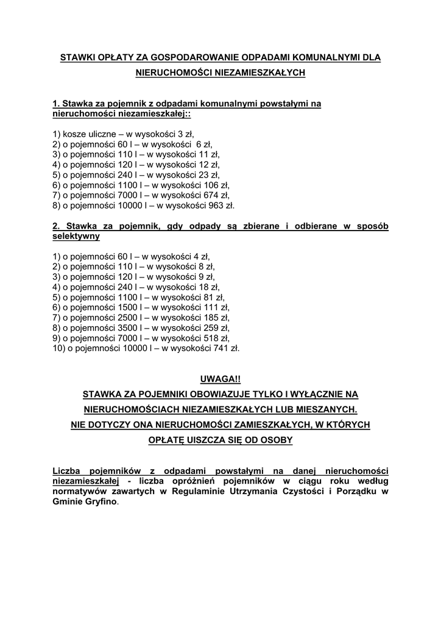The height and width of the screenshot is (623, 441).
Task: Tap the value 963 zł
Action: click(222, 206)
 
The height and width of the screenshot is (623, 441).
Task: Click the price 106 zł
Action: click(217, 185)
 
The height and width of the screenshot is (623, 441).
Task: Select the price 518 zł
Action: click(217, 338)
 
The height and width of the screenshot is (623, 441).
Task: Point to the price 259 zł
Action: click(217, 328)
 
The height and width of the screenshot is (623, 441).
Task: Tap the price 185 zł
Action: click(217, 318)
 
